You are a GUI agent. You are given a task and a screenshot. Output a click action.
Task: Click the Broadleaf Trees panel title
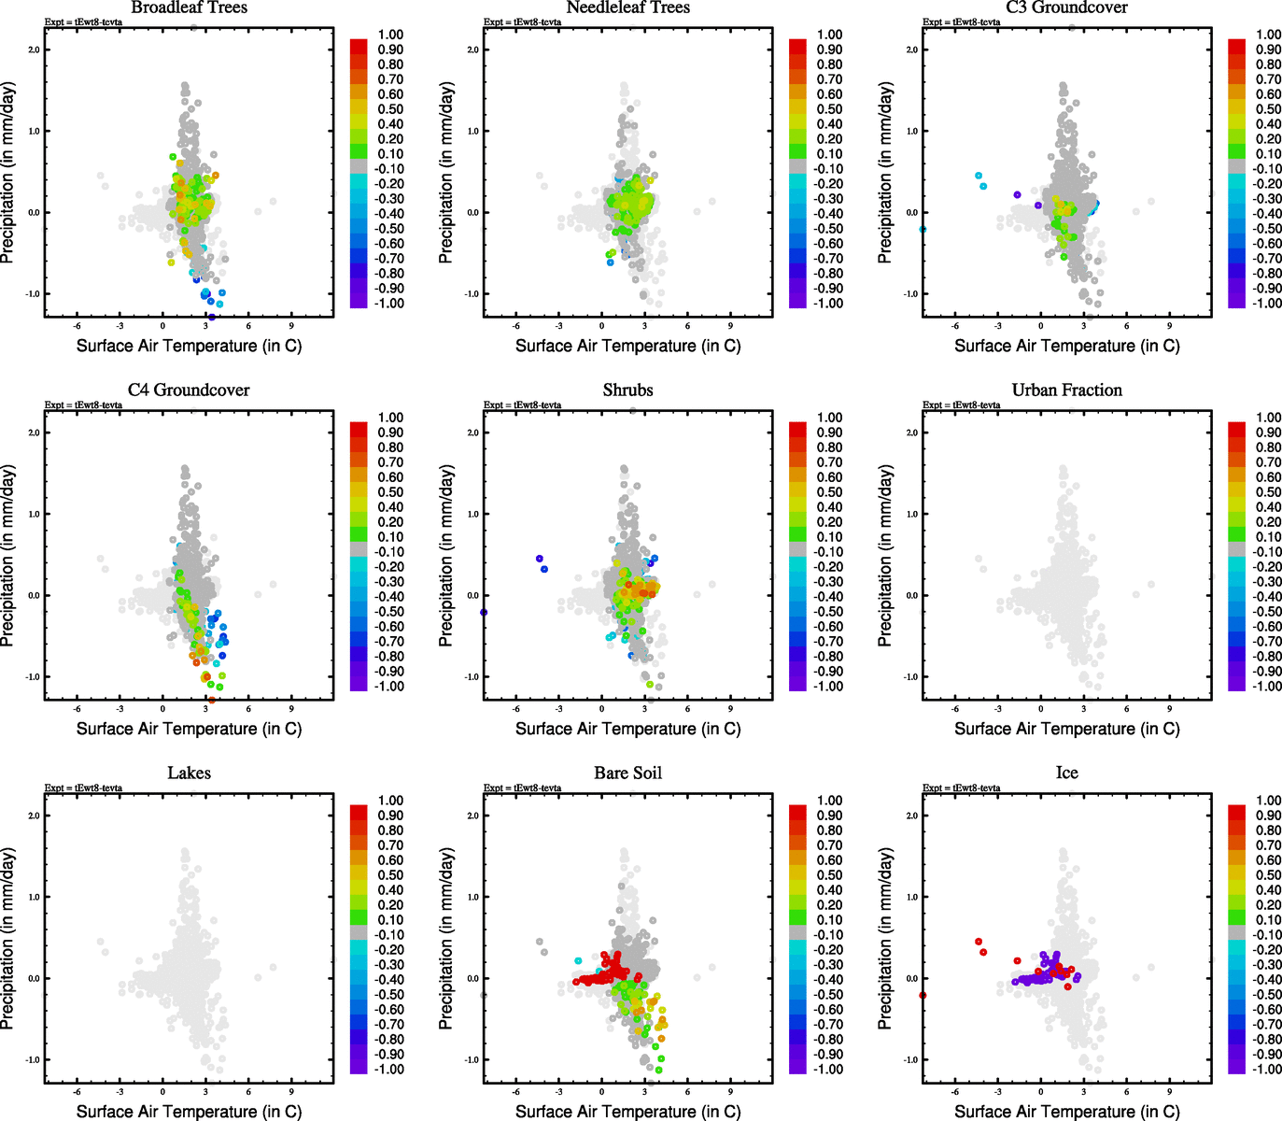pyautogui.click(x=189, y=8)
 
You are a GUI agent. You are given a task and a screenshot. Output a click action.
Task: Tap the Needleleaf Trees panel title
pyautogui.click(x=627, y=8)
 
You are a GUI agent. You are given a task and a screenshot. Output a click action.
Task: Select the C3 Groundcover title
pyautogui.click(x=1066, y=8)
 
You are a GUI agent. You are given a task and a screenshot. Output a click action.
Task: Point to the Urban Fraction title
pyautogui.click(x=1066, y=390)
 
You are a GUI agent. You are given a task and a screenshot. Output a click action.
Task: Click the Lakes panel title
pyautogui.click(x=189, y=773)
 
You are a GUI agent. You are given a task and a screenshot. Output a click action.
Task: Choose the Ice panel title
pyautogui.click(x=1066, y=773)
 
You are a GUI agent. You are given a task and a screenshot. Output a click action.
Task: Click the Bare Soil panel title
pyautogui.click(x=627, y=773)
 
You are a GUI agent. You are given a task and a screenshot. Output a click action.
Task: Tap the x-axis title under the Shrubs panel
pyautogui.click(x=627, y=729)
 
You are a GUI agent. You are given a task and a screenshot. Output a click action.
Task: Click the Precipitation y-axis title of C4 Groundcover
pyautogui.click(x=8, y=557)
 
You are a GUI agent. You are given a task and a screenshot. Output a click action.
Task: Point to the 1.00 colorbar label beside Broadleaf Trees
pyautogui.click(x=390, y=35)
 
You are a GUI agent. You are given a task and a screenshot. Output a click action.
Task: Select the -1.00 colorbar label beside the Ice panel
pyautogui.click(x=1268, y=1069)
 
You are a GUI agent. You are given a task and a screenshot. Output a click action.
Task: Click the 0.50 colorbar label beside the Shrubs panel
pyautogui.click(x=830, y=492)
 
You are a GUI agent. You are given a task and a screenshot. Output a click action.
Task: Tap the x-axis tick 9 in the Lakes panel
pyautogui.click(x=291, y=1091)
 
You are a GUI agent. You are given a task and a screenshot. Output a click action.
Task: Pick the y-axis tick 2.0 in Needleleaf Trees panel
pyautogui.click(x=472, y=50)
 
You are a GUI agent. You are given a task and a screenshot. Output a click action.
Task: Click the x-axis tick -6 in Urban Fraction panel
pyautogui.click(x=955, y=708)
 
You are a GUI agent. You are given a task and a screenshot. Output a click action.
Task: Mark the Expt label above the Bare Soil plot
pyautogui.click(x=522, y=788)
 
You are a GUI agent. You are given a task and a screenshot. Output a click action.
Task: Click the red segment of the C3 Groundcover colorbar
pyautogui.click(x=1236, y=47)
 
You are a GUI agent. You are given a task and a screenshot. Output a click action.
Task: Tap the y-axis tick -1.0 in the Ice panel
pyautogui.click(x=910, y=1059)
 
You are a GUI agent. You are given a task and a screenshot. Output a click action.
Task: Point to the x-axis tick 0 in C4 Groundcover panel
pyautogui.click(x=163, y=708)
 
